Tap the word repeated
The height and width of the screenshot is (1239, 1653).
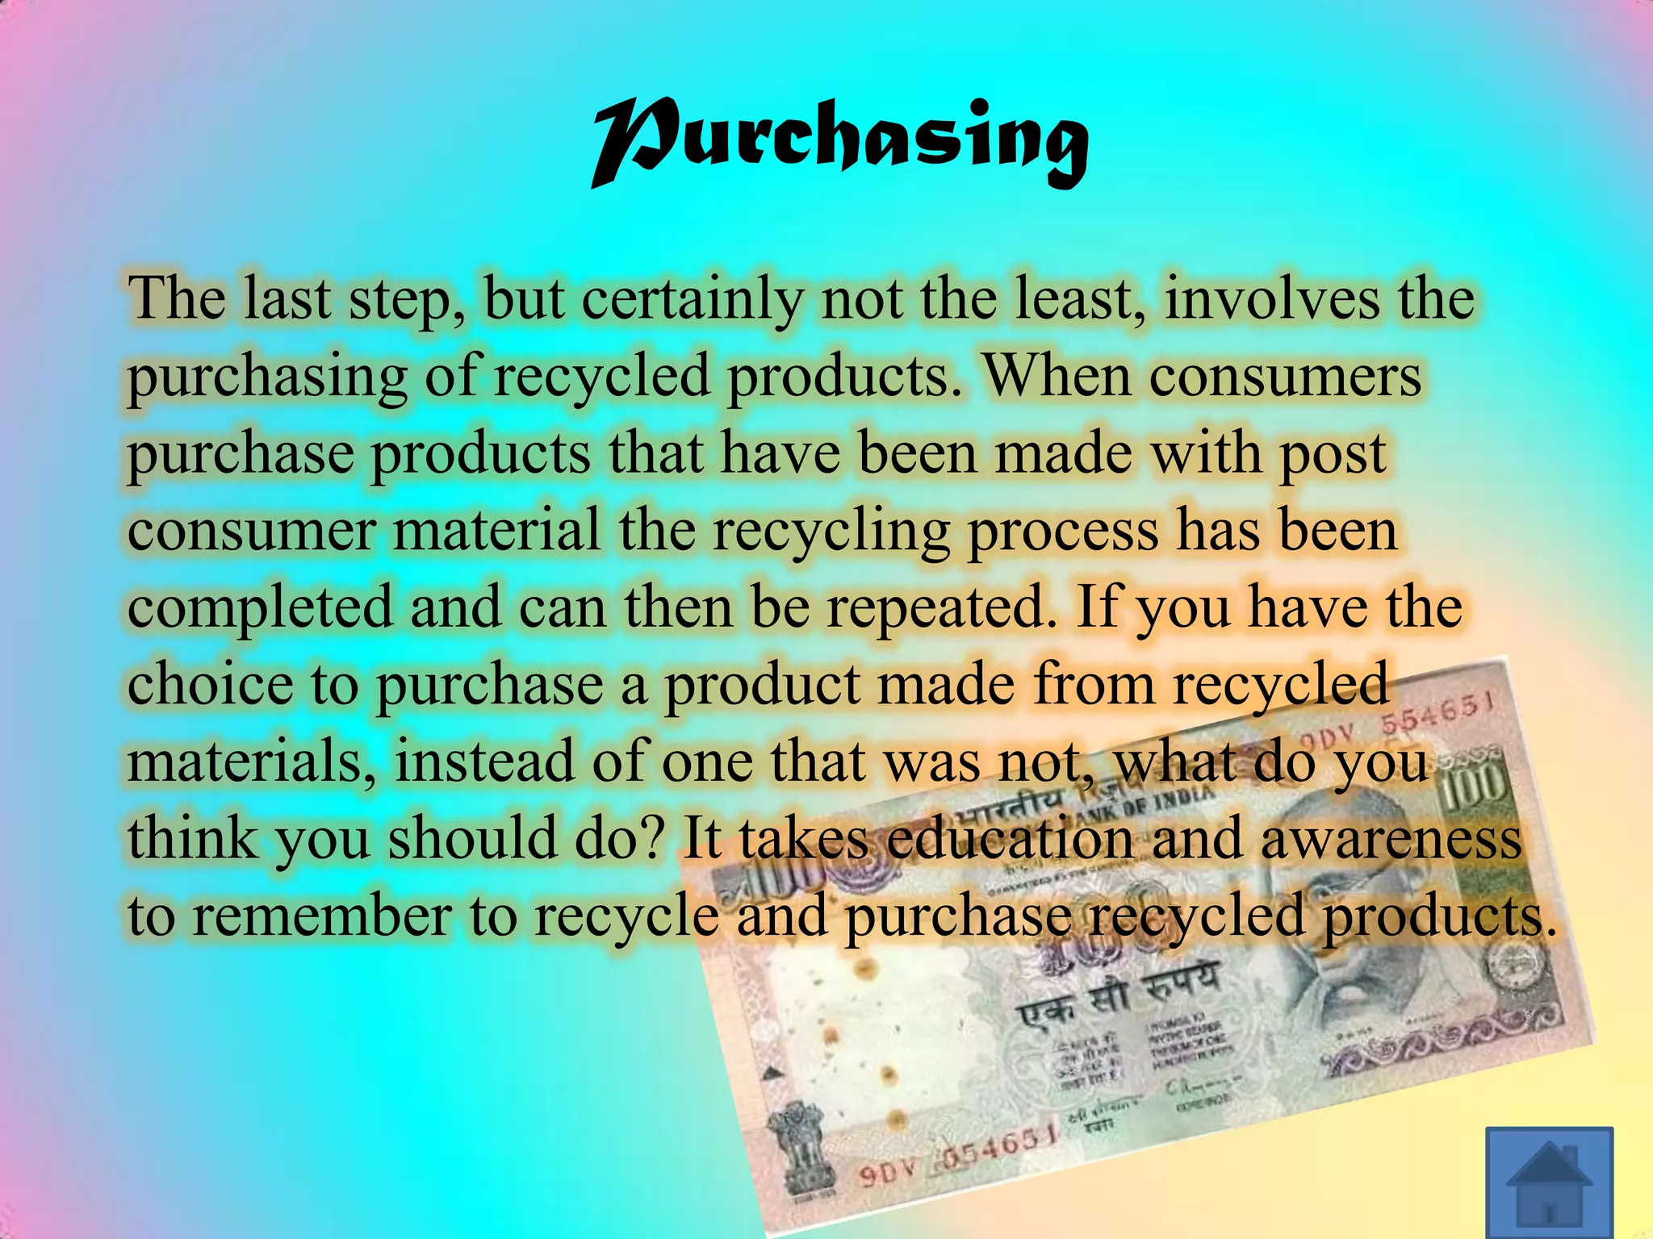(940, 608)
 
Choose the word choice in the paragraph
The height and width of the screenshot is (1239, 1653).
(210, 684)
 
